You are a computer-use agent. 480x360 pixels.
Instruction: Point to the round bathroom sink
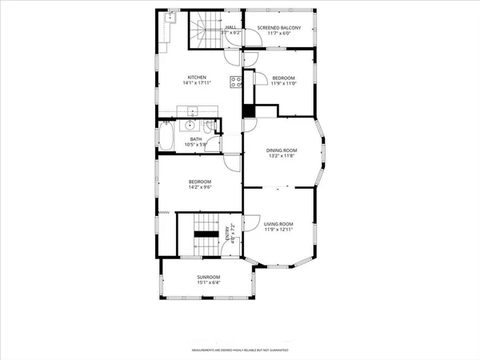point(190,126)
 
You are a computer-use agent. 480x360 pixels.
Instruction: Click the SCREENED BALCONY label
point(279,28)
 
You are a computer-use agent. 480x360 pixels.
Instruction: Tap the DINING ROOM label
point(282,150)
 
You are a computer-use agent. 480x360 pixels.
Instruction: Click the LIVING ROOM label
point(281,224)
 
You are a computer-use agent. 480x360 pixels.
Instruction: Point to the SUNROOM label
point(208,277)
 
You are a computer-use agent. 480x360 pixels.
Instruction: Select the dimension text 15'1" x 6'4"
point(208,282)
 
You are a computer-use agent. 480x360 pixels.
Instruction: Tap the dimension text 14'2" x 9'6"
point(199,187)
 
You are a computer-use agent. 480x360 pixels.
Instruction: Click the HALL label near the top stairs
point(230,27)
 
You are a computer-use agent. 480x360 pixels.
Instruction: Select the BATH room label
point(196,139)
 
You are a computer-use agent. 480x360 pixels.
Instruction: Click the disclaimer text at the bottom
point(239,350)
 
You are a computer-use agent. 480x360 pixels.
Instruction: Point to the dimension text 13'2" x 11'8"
point(282,156)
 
